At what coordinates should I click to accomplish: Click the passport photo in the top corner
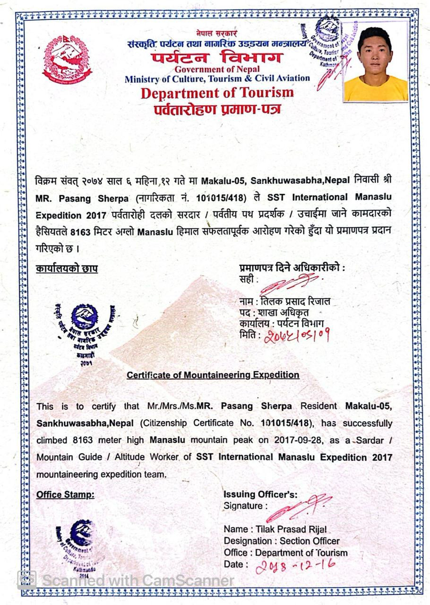(376, 61)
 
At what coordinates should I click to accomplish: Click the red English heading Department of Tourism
(217, 93)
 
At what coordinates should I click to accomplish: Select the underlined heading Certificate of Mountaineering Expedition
(213, 375)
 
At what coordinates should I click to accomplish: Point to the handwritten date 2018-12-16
(296, 565)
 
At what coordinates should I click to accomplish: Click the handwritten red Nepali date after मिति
(296, 335)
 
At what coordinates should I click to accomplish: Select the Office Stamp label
(65, 495)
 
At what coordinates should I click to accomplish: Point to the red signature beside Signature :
(299, 508)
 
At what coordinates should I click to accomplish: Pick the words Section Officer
(310, 541)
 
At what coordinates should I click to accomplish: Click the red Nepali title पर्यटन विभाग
(217, 58)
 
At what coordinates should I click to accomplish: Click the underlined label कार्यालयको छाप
(67, 268)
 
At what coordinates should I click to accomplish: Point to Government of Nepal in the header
(217, 70)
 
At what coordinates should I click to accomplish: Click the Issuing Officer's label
(260, 495)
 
